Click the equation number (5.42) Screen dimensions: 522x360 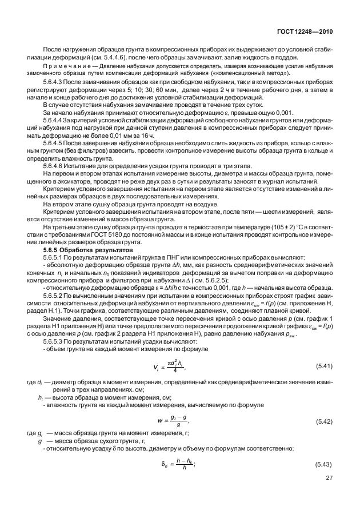[325, 421]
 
